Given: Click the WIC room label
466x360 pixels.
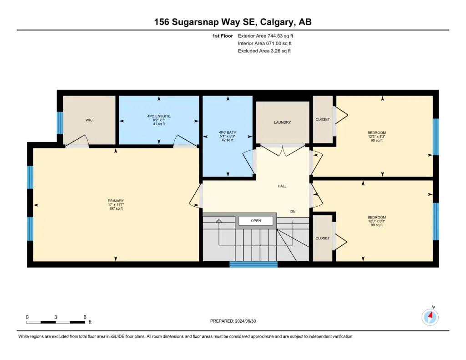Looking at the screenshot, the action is tap(89, 120).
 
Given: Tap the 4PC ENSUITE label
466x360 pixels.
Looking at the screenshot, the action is tap(159, 116).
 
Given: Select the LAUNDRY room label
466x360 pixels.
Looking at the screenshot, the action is tap(282, 122).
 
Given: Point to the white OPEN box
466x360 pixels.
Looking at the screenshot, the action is tap(256, 221).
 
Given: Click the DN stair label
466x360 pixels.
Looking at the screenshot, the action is tap(293, 212).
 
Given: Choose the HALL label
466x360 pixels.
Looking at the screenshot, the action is tap(282, 186).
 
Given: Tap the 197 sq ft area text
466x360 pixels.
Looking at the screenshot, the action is tap(116, 209).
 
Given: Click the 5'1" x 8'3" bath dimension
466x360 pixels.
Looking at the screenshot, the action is tap(228, 136).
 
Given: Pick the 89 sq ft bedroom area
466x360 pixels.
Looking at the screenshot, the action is tap(376, 140).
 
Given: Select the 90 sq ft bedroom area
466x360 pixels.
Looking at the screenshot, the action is tap(376, 225).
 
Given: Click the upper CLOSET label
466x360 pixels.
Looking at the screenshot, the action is tap(323, 120).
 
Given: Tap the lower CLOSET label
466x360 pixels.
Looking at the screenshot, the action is tap(323, 238).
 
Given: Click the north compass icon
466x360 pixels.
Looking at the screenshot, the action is tap(430, 317).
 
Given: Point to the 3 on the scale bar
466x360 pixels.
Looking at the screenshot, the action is tap(56, 317).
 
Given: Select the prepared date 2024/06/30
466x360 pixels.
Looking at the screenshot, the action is tap(245, 321).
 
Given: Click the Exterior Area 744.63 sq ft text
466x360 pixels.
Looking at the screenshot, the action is tap(265, 36).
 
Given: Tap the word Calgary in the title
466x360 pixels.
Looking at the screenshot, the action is tap(275, 22).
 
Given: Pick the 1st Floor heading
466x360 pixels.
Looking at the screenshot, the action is tap(222, 36).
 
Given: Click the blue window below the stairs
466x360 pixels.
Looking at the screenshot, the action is tap(253, 264).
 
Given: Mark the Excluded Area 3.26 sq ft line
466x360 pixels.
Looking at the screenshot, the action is tap(264, 51).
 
